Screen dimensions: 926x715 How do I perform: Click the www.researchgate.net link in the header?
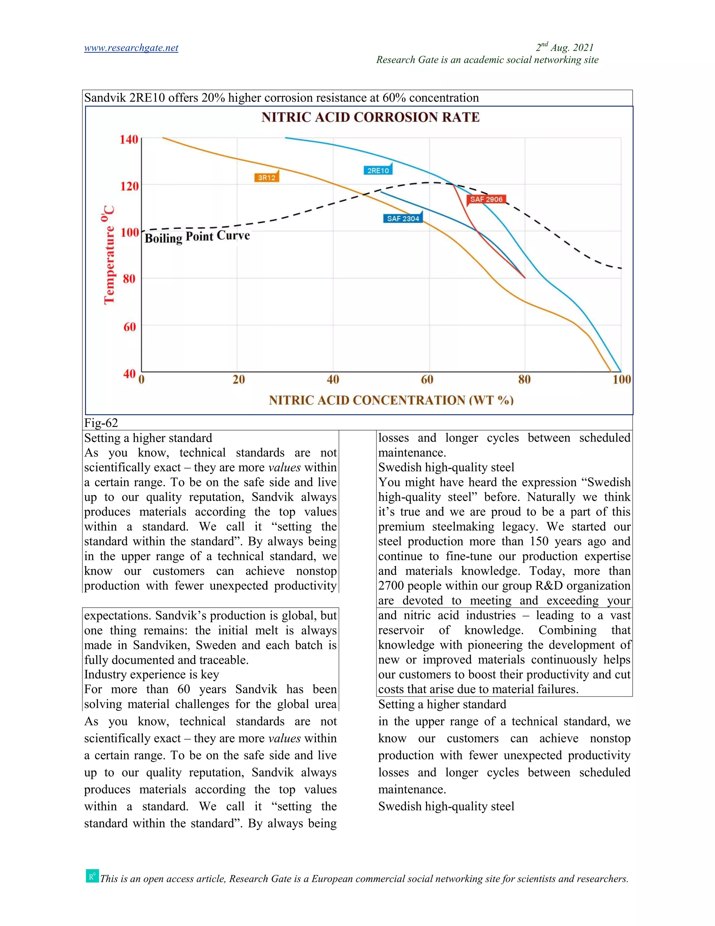click(x=131, y=48)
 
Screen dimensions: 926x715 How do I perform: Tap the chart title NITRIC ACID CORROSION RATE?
click(x=370, y=117)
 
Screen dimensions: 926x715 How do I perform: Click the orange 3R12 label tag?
click(x=266, y=178)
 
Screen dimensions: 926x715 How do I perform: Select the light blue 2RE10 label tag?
click(x=378, y=171)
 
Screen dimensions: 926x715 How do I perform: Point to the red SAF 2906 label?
click(x=486, y=199)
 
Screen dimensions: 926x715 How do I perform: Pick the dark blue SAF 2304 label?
click(x=403, y=219)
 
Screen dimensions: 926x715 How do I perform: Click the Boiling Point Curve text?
click(x=197, y=237)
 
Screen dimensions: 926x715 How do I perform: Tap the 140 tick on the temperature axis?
click(x=128, y=139)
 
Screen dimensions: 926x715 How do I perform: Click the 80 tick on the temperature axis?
click(x=129, y=279)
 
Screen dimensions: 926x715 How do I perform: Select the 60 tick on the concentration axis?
click(x=427, y=379)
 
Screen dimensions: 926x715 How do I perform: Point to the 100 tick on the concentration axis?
click(x=621, y=379)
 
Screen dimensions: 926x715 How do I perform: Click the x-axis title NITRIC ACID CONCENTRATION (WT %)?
click(x=391, y=400)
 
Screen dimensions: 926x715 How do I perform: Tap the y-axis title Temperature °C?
click(x=109, y=254)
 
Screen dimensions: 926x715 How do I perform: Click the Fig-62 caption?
click(x=101, y=423)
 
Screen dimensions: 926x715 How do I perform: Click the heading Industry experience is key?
click(x=151, y=674)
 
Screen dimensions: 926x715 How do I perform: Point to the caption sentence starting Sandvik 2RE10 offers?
click(x=281, y=98)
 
